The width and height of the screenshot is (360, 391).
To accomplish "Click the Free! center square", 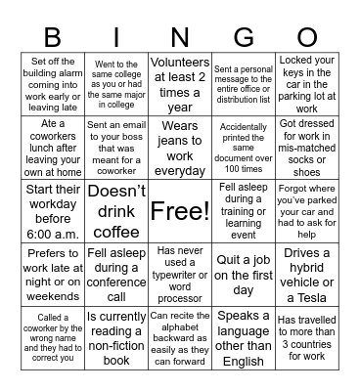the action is (179, 210).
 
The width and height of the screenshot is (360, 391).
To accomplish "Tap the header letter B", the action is (52, 36).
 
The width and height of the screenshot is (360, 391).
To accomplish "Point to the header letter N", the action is (179, 36).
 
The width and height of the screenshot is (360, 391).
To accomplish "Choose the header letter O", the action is (306, 36).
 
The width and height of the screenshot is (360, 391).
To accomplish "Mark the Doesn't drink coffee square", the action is (115, 210).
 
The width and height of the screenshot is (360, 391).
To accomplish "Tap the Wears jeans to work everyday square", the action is (179, 147).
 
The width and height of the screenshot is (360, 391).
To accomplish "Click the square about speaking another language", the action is (243, 337).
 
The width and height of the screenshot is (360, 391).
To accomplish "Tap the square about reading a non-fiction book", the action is (115, 337).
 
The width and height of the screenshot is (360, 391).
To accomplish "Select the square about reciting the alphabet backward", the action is (179, 337).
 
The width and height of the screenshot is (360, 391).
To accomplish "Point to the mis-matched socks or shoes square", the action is (306, 147).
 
